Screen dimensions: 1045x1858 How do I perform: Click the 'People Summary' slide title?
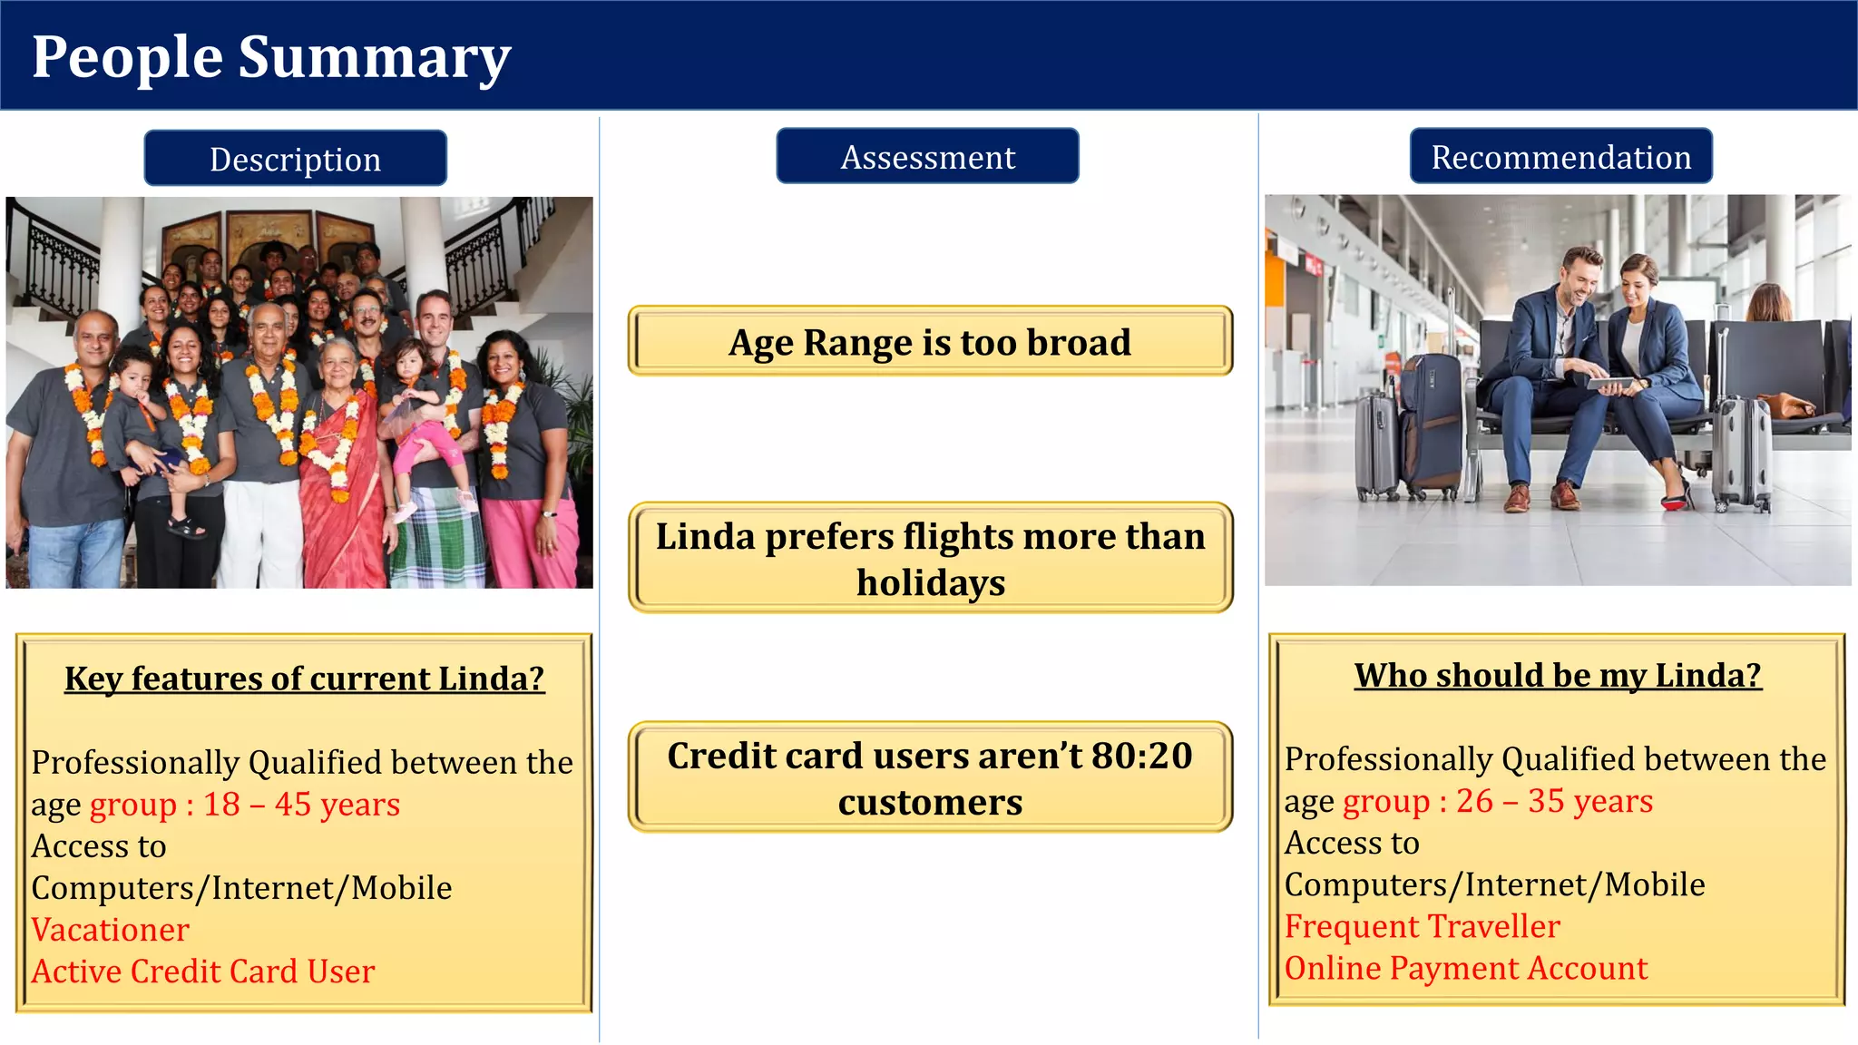[x=271, y=57]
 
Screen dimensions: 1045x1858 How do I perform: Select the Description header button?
[x=295, y=159]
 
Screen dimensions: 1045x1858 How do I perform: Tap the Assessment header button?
[x=927, y=157]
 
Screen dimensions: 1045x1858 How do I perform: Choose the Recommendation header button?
[x=1560, y=157]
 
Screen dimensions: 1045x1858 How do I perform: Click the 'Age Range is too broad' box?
[x=930, y=342]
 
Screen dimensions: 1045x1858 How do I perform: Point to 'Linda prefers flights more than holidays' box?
[x=930, y=558]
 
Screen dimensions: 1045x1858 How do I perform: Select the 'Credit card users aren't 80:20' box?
[x=930, y=777]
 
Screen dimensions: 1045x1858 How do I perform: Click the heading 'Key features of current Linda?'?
[x=304, y=679]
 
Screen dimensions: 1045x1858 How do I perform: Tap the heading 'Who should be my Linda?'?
[x=1558, y=676]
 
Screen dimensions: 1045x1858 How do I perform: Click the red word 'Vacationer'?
[x=111, y=930]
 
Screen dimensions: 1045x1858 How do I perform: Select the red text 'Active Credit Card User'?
[x=203, y=972]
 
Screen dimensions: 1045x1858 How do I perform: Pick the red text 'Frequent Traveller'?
[x=1422, y=926]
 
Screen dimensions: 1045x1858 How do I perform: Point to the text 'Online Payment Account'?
[x=1465, y=968]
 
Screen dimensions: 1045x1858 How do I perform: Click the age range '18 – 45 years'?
[x=301, y=805]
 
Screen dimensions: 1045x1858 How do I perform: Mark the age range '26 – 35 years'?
[x=1554, y=801]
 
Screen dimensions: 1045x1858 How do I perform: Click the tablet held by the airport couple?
[x=1610, y=384]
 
